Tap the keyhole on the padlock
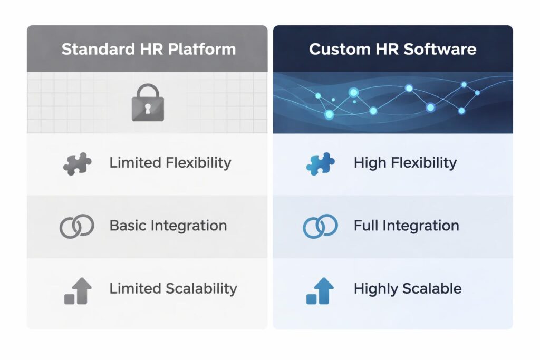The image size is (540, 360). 148,109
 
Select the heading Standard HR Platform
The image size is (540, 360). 148,50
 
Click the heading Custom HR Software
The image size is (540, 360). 392,50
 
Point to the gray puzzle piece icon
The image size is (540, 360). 77,163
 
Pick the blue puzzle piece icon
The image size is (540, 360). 321,163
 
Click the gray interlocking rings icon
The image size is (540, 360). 77,226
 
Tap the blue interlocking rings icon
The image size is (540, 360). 321,226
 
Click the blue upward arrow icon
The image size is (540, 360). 321,291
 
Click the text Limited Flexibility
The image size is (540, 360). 170,163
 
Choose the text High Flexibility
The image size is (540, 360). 405,163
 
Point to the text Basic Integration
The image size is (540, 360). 168,226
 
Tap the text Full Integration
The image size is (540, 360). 406,226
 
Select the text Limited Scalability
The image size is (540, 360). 173,289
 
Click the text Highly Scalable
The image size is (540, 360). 408,289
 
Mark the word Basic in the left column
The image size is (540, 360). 128,226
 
